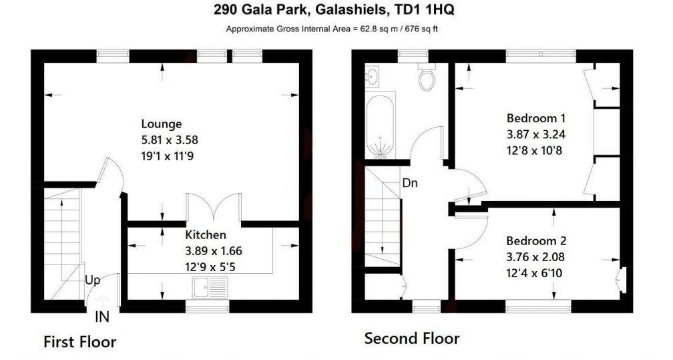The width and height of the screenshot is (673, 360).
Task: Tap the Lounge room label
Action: [161, 124]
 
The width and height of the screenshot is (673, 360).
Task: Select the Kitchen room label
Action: [205, 235]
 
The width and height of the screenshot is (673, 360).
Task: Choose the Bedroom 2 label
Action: [531, 240]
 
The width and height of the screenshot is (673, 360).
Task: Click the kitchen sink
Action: [210, 288]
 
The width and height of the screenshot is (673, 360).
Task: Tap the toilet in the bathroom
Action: [425, 78]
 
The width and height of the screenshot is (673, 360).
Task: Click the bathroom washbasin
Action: [373, 77]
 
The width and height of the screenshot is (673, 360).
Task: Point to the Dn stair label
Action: [409, 183]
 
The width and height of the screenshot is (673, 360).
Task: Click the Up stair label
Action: [92, 281]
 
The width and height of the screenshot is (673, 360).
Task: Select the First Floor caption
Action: [80, 342]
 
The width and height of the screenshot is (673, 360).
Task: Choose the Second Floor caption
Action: [411, 339]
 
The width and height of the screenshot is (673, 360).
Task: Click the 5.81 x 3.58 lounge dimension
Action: [170, 140]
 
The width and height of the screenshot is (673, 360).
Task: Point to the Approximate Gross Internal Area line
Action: [331, 29]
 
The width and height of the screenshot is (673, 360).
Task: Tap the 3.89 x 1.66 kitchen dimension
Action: [213, 251]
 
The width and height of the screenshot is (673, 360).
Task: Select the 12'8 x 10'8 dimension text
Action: [534, 150]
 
